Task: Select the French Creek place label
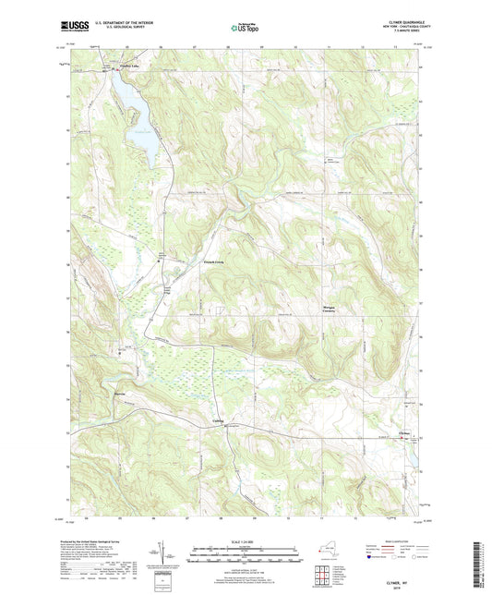tap(215, 262)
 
